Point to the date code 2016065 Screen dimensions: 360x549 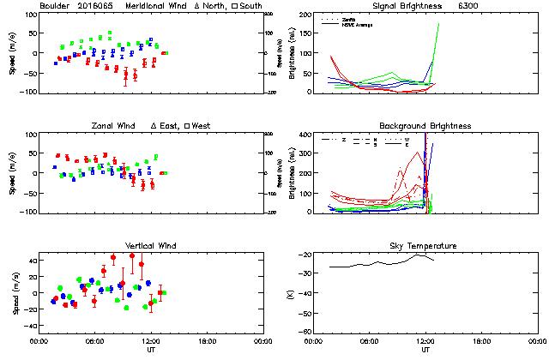point(97,5)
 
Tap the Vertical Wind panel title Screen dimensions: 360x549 point(151,246)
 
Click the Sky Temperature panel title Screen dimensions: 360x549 point(425,246)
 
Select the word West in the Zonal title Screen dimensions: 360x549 point(201,126)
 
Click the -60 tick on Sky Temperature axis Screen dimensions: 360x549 point(304,313)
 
